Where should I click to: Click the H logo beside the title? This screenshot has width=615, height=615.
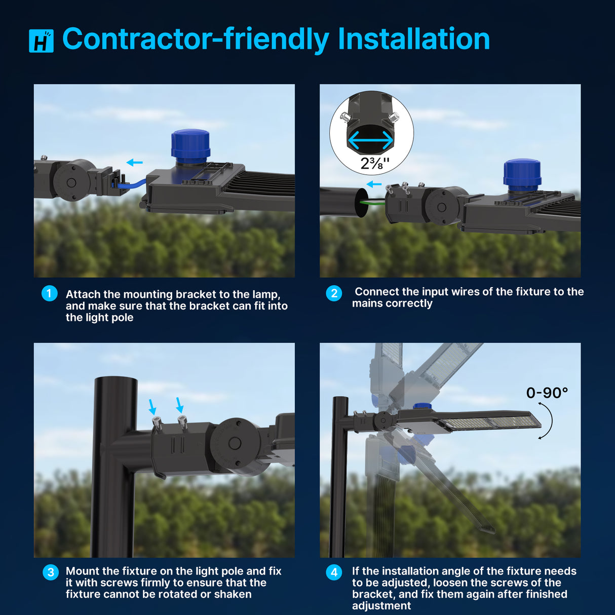(41, 41)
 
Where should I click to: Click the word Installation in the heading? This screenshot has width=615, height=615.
(413, 39)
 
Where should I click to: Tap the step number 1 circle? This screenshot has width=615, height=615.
(49, 293)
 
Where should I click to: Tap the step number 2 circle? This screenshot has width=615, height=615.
(334, 293)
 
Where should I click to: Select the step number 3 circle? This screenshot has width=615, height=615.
(50, 572)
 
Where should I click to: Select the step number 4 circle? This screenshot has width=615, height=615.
(334, 572)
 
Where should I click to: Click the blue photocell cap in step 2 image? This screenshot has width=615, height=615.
(522, 173)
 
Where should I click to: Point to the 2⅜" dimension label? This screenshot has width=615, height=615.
(375, 163)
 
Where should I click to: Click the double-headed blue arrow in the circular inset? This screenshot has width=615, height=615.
(371, 140)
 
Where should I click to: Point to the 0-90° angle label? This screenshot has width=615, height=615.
(547, 393)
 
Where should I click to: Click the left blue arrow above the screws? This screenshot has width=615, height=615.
(152, 406)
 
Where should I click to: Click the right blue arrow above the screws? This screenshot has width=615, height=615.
(179, 405)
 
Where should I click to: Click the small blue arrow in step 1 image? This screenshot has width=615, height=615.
(134, 163)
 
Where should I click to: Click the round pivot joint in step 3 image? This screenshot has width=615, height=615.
(235, 443)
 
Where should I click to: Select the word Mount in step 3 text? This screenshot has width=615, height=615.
(83, 571)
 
